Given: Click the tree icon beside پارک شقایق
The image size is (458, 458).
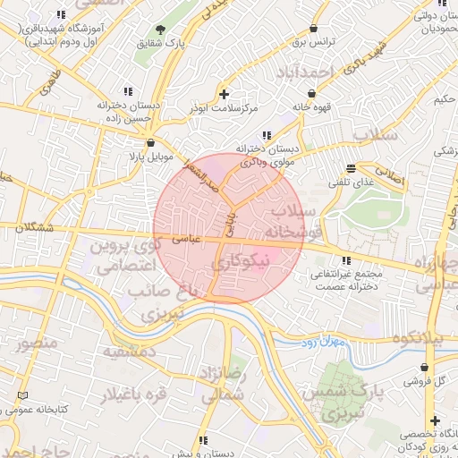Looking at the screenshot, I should (x=161, y=30).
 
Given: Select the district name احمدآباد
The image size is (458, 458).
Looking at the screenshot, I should (x=304, y=71).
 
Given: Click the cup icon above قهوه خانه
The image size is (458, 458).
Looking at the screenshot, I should (x=311, y=93).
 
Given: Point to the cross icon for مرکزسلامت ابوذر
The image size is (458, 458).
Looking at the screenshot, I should (x=223, y=94).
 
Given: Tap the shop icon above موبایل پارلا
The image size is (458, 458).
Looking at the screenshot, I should (x=149, y=142).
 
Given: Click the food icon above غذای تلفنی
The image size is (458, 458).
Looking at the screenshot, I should (x=352, y=168).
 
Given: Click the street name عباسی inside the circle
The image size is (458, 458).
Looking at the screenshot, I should (x=185, y=240).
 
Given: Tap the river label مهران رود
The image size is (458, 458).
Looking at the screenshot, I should (x=316, y=341).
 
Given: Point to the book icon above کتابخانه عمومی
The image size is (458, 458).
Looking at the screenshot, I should (x=22, y=395).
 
